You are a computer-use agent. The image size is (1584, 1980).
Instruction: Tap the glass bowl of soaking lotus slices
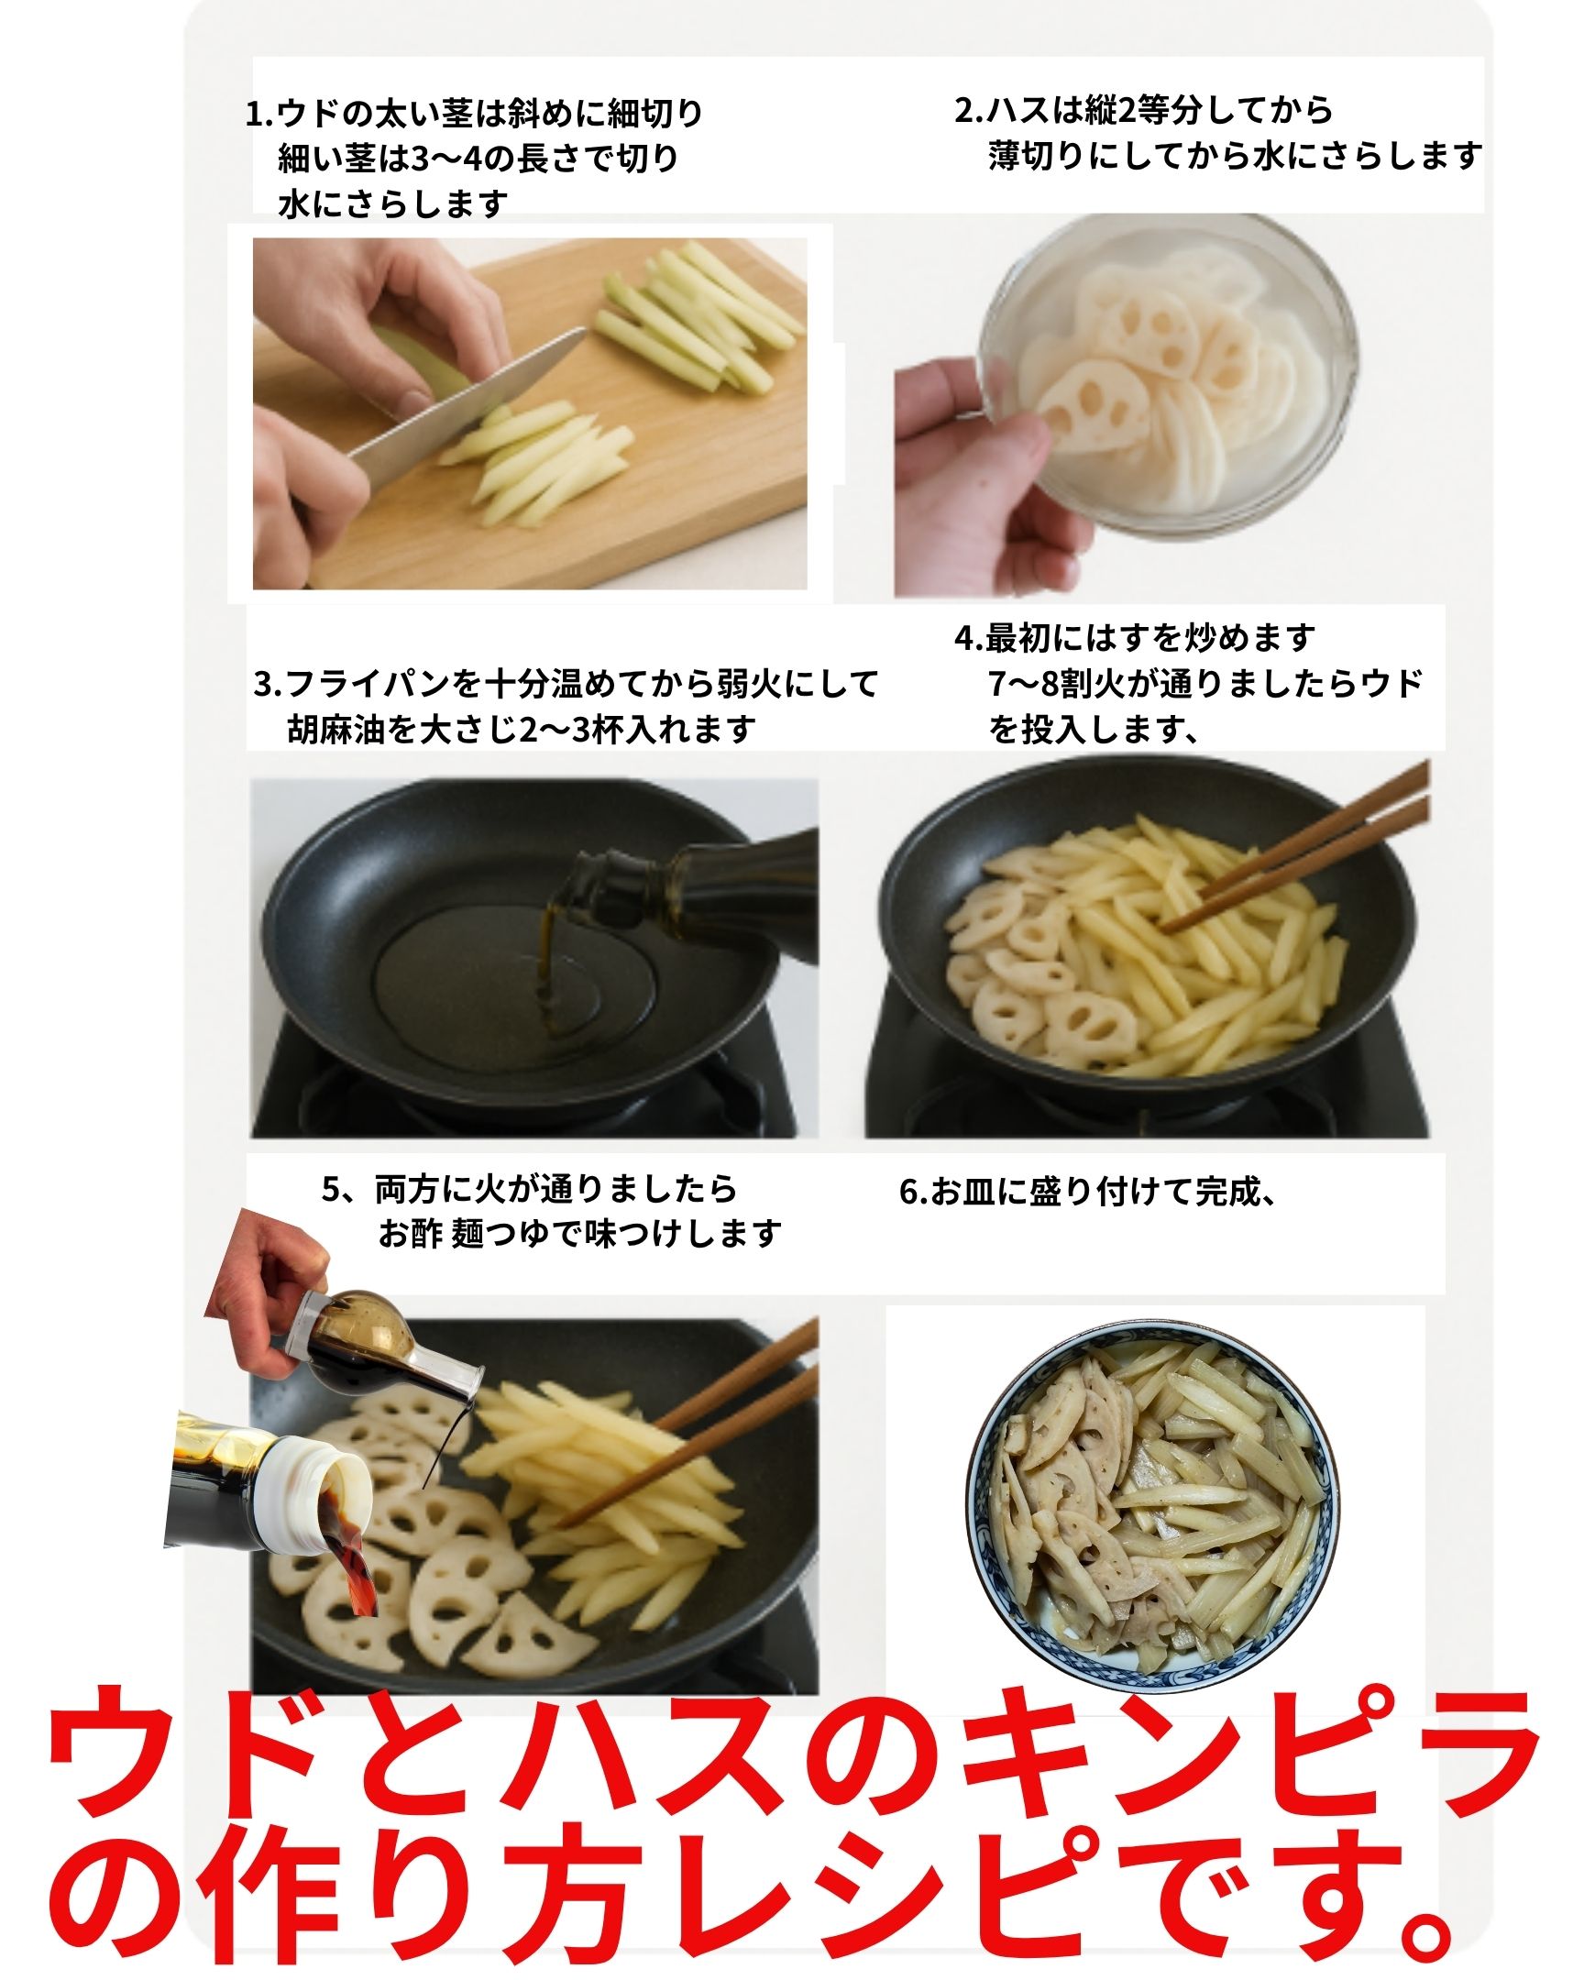coord(1166,377)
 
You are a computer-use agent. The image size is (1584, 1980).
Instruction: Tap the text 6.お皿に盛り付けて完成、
coord(1087,1191)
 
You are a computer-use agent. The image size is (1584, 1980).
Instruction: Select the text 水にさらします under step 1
coord(393,203)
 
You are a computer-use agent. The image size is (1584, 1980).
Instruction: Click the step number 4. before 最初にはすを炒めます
coord(970,637)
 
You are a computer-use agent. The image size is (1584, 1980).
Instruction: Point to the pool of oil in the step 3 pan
coord(514,978)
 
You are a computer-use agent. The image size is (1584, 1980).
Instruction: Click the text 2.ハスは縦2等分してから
coord(1144,110)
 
